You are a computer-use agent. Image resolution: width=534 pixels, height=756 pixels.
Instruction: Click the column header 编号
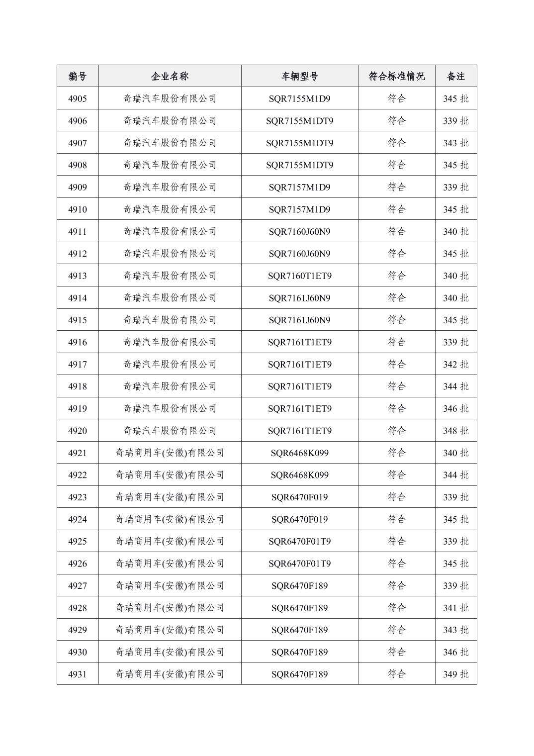pyautogui.click(x=77, y=76)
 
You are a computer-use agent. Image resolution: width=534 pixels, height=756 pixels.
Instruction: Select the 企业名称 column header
pyautogui.click(x=170, y=76)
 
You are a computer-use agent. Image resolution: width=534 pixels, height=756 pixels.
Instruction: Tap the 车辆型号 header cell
pyautogui.click(x=299, y=76)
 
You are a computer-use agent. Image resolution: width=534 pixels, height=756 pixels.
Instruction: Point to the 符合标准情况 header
pyautogui.click(x=396, y=76)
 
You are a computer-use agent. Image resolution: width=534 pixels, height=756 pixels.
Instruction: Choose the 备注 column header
pyautogui.click(x=455, y=76)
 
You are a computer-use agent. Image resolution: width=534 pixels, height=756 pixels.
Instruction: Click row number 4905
pyautogui.click(x=77, y=98)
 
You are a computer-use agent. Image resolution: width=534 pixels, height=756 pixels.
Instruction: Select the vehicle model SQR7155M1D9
pyautogui.click(x=299, y=98)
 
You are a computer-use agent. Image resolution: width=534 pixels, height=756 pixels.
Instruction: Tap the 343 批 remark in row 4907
pyautogui.click(x=455, y=143)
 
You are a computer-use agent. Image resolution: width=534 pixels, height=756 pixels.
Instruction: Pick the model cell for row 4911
pyautogui.click(x=299, y=231)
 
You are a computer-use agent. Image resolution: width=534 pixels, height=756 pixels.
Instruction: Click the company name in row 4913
pyautogui.click(x=170, y=276)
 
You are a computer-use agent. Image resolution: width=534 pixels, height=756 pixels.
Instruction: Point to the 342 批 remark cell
pyautogui.click(x=455, y=364)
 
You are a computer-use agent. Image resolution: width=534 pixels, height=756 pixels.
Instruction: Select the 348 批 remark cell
pyautogui.click(x=455, y=431)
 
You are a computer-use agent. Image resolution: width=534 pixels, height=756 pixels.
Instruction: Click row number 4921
pyautogui.click(x=77, y=453)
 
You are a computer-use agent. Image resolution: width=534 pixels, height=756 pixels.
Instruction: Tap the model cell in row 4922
pyautogui.click(x=299, y=475)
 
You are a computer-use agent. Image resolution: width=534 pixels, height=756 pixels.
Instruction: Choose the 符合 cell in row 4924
pyautogui.click(x=396, y=519)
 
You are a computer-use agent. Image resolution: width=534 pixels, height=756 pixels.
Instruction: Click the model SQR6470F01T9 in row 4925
pyautogui.click(x=299, y=541)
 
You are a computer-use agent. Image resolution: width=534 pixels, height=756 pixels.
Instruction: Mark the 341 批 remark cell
pyautogui.click(x=455, y=608)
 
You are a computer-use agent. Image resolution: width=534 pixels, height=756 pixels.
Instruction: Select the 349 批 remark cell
pyautogui.click(x=455, y=674)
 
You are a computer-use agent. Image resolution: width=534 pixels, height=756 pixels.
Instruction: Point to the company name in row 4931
pyautogui.click(x=170, y=674)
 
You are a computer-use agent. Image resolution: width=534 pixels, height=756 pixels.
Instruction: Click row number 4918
pyautogui.click(x=77, y=386)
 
